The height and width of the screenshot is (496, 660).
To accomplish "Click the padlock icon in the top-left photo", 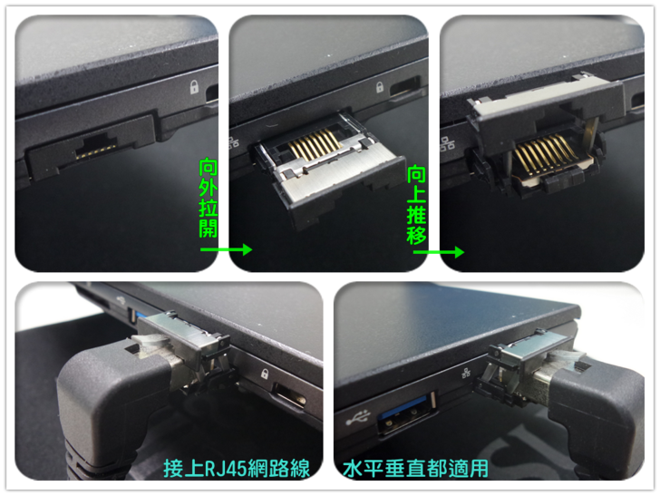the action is tap(194, 87).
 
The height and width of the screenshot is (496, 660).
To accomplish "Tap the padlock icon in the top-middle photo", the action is tap(380, 87).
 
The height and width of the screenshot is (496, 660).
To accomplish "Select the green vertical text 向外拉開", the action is tap(209, 199).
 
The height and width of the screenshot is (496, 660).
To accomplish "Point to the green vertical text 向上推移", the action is tap(417, 205).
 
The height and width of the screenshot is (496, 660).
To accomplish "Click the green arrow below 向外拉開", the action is tap(226, 249).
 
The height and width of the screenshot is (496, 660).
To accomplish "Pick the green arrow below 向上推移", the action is tap(439, 252).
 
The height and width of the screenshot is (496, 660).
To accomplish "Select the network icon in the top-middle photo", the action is tap(234, 141).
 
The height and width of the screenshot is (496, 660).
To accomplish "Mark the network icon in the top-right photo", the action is tap(447, 143).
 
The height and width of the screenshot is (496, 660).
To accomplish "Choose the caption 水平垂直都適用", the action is tap(415, 468).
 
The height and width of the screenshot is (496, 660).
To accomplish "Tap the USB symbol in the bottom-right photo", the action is tap(358, 417).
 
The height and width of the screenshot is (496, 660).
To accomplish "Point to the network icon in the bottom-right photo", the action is tap(466, 373).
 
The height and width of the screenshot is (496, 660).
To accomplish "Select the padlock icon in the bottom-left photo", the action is tap(265, 374).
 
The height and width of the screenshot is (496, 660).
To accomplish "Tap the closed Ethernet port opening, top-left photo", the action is tap(95, 147).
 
